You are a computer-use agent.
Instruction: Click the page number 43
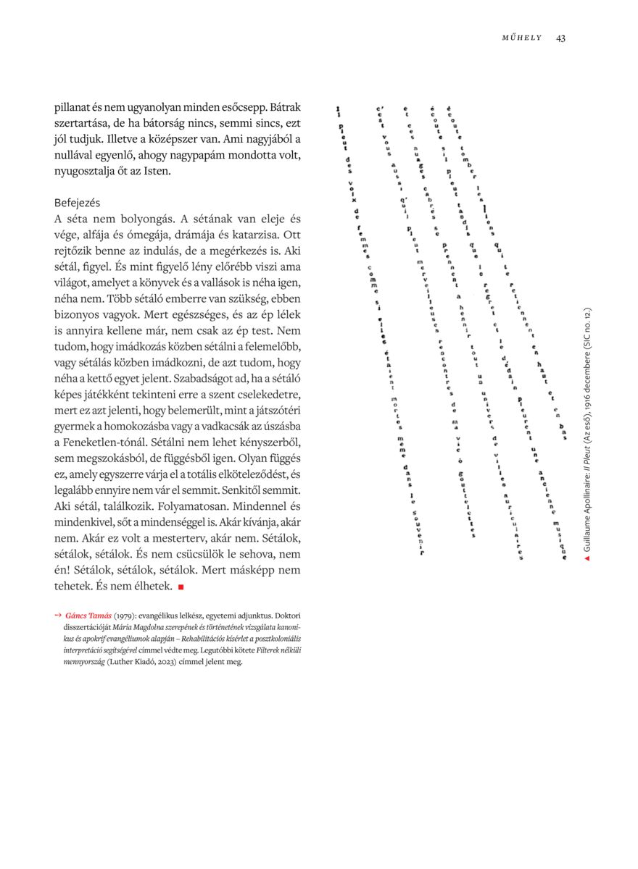(x=560, y=38)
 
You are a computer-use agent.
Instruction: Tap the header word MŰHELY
(x=522, y=38)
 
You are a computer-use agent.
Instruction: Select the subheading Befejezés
(x=77, y=203)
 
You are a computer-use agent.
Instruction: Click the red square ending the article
(x=181, y=585)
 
